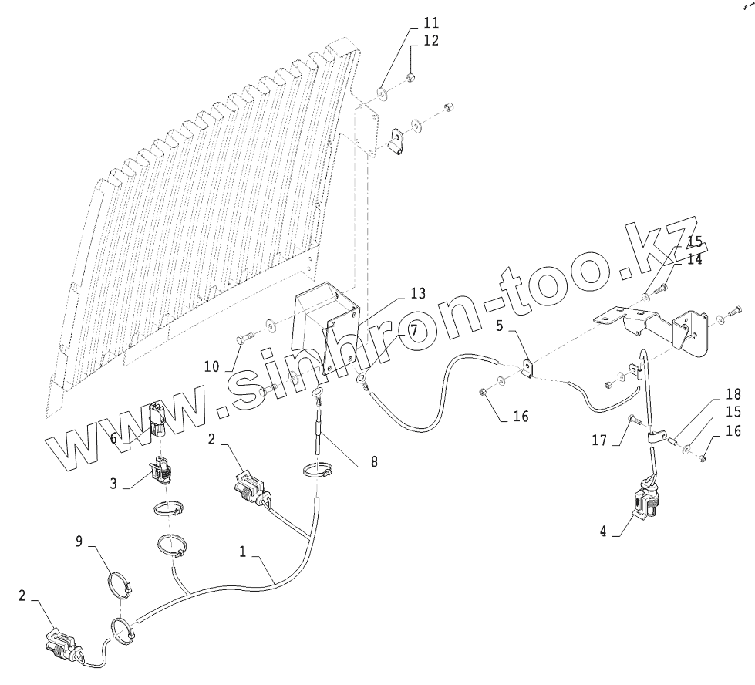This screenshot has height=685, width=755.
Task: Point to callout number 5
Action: coord(500,326)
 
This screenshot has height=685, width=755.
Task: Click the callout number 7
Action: coord(413,330)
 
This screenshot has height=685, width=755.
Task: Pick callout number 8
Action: coord(374,463)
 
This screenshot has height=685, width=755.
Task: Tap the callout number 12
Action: coord(430,40)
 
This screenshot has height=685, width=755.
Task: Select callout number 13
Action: coord(417,293)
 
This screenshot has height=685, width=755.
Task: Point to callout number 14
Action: coord(694,260)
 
